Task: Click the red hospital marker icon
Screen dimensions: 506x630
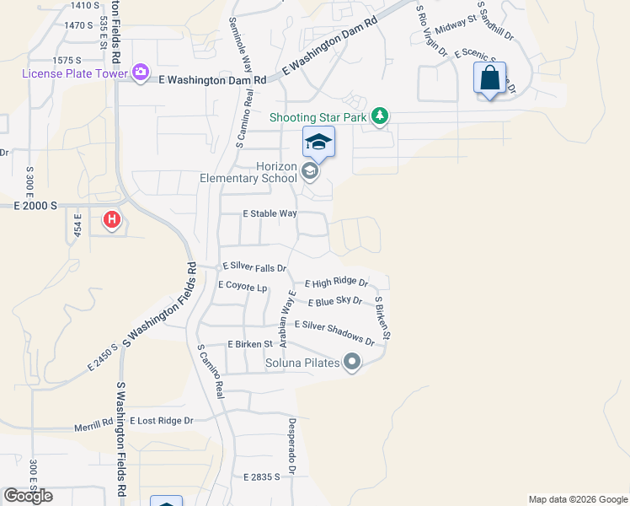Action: click(x=111, y=221)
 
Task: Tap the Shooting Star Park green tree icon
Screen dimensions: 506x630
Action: click(x=380, y=116)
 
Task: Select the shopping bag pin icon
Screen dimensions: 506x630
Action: click(x=489, y=78)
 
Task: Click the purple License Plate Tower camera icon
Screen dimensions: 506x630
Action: click(x=141, y=74)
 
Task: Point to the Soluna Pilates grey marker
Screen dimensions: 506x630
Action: click(x=352, y=363)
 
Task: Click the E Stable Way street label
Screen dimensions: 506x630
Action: click(x=270, y=214)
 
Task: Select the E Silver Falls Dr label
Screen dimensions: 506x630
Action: click(x=254, y=266)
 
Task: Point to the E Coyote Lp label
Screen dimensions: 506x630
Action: click(x=243, y=286)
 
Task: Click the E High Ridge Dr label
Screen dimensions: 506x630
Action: click(x=336, y=283)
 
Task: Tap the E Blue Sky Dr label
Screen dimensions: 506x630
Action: click(x=334, y=301)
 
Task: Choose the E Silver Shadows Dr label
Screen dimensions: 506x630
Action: click(x=334, y=332)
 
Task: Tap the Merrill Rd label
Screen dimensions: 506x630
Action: click(x=92, y=427)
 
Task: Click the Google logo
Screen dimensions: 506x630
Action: click(x=28, y=495)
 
